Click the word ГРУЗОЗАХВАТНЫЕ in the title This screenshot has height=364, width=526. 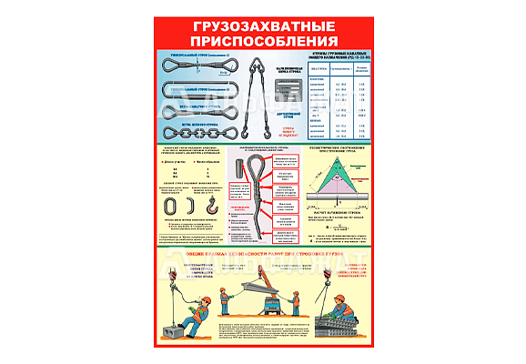(262, 27)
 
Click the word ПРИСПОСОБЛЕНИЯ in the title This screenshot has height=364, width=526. (262, 41)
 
